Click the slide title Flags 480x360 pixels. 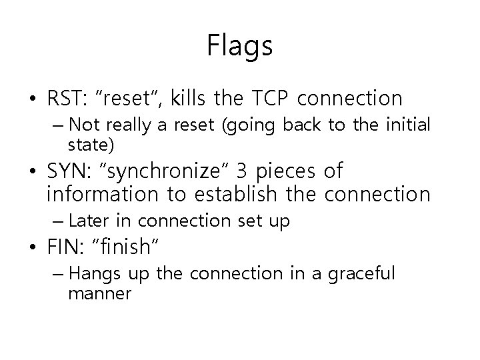click(x=239, y=46)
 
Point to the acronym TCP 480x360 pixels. click(x=269, y=99)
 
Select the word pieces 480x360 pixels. click(x=287, y=172)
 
